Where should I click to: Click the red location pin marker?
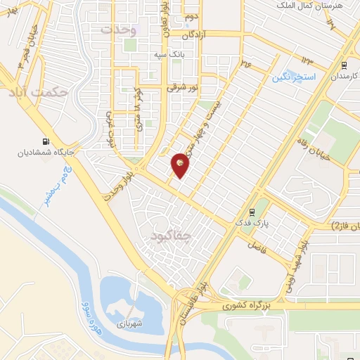point(180,165)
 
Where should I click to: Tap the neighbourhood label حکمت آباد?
point(39,91)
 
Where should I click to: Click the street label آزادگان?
point(197,34)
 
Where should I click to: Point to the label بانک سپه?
point(169,54)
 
